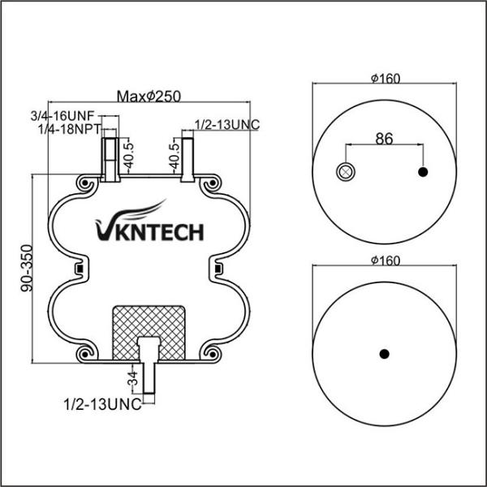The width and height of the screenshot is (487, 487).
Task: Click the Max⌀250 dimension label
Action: pos(148,97)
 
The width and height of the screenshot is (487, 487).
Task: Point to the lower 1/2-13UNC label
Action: pos(101,403)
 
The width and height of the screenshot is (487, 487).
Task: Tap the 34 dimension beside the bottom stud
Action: pos(132,379)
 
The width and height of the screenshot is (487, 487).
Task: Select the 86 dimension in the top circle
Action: pos(384,138)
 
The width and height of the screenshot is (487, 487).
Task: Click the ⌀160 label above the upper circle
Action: pos(385,79)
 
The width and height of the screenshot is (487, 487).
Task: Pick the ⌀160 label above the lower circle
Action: pos(385,261)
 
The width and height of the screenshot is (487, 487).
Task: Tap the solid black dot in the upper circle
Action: pos(423,171)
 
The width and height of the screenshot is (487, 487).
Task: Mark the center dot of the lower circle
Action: pos(385,353)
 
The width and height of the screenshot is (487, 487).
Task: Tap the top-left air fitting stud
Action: pos(110,157)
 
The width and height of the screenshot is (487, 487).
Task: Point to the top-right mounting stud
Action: pos(187,157)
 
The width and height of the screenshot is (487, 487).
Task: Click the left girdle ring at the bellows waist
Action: pos(80,268)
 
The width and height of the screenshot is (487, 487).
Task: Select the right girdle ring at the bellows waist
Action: pos(218,268)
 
